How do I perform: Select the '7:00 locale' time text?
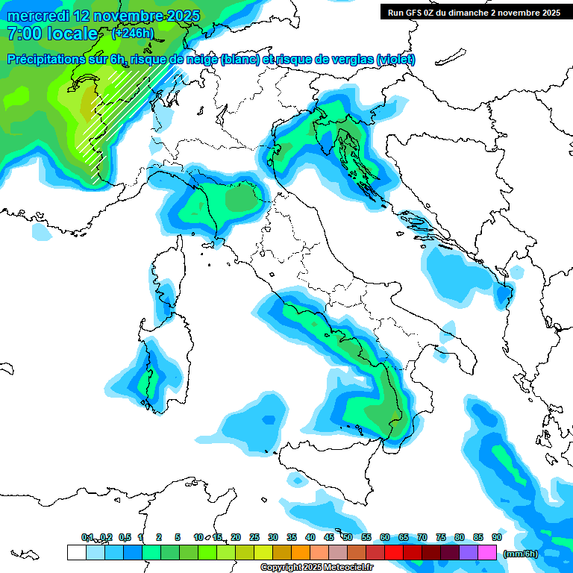pyautogui.click(x=52, y=34)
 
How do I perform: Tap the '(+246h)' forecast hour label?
pyautogui.click(x=133, y=34)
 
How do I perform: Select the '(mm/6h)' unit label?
pyautogui.click(x=520, y=553)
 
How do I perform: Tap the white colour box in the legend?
pyautogui.click(x=76, y=553)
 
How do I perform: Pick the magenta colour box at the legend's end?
pyautogui.click(x=487, y=553)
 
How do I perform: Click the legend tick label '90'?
pyautogui.click(x=497, y=537)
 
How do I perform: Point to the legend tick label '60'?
pyautogui.click(x=385, y=537)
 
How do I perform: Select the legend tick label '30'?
pyautogui.click(x=273, y=537)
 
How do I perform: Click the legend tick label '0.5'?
pyautogui.click(x=125, y=537)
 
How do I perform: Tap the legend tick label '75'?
pyautogui.click(x=441, y=537)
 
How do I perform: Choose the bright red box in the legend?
pyautogui.click(x=394, y=553)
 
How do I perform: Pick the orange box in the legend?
pyautogui.click(x=301, y=553)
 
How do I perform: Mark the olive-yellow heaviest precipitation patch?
pyautogui.click(x=88, y=101)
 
